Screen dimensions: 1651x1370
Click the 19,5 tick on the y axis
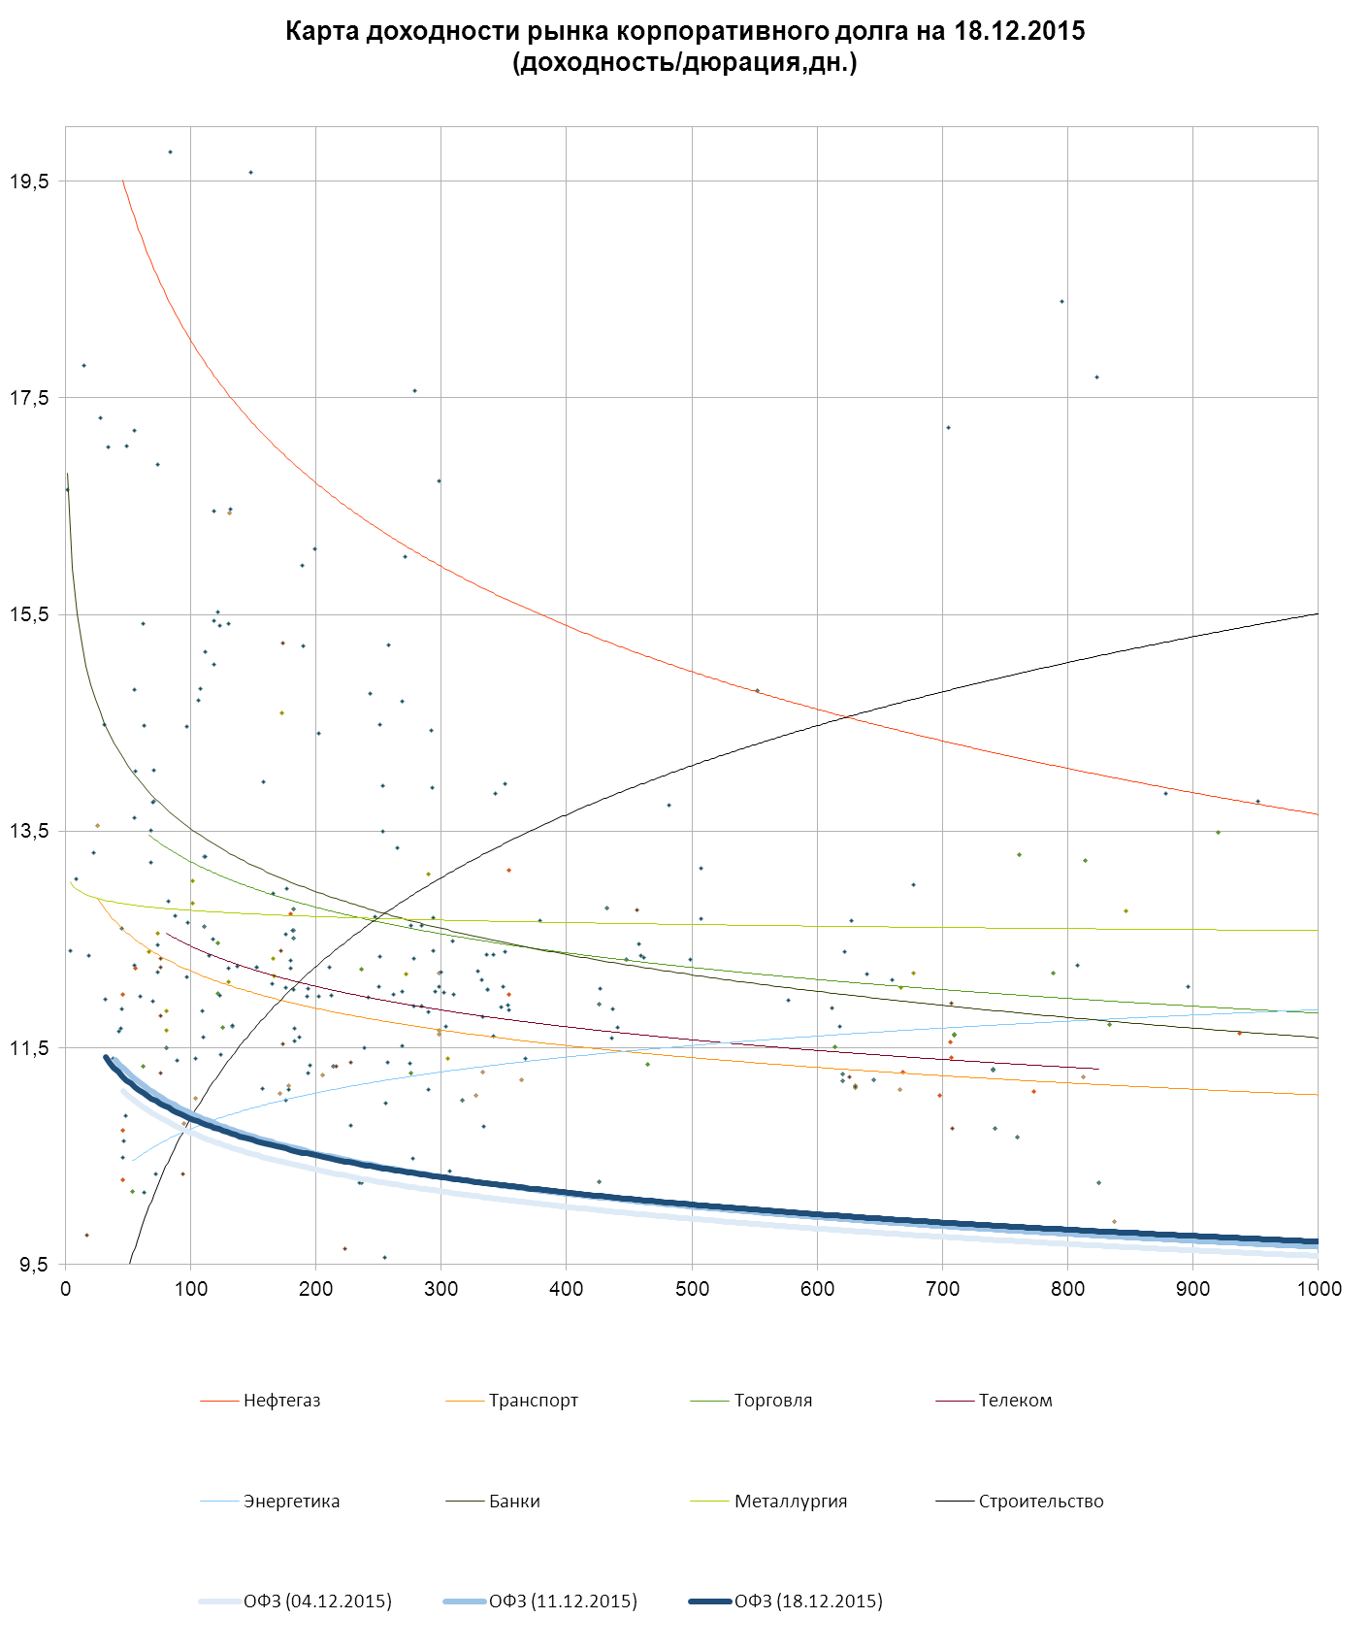point(28,182)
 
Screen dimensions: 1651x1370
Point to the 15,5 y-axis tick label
point(28,614)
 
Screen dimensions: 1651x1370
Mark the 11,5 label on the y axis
point(28,1048)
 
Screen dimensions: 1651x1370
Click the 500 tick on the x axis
point(692,1289)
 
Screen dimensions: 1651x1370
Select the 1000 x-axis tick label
point(1318,1289)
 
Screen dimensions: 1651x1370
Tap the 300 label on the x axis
point(441,1289)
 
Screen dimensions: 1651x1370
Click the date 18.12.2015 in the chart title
point(1019,31)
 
